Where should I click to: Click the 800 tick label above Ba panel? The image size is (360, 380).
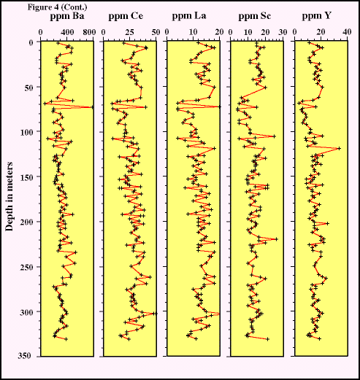tap(91, 32)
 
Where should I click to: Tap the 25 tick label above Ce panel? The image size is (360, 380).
tap(129, 32)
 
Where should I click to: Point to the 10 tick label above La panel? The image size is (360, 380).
tap(194, 32)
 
